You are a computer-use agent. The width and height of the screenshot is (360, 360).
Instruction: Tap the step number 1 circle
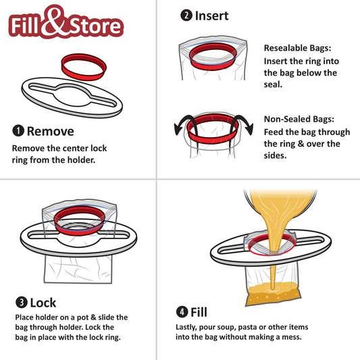18,131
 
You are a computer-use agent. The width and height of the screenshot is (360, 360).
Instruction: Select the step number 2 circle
186,15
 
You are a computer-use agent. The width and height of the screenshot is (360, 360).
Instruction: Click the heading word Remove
50,131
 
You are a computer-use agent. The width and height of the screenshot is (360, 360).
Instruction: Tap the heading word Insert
212,15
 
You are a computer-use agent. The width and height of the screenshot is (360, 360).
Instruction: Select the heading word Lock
43,303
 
